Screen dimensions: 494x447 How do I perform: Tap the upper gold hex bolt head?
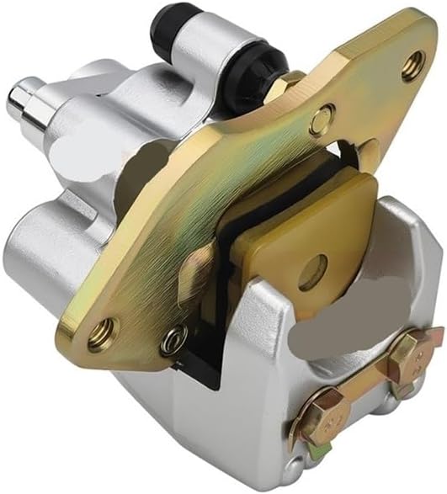(414, 348)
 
